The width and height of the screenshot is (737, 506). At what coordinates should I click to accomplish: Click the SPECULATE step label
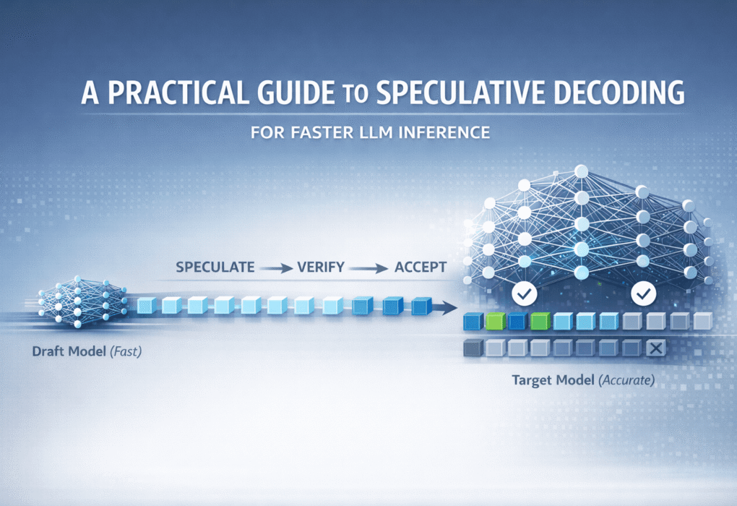(x=215, y=267)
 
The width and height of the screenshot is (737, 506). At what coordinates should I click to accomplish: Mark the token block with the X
(x=655, y=350)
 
